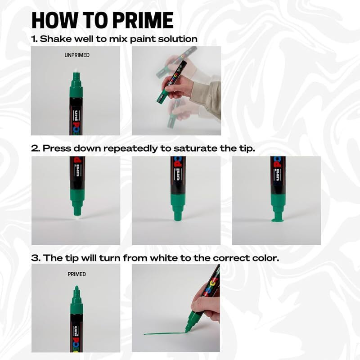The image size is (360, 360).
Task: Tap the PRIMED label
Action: (x=76, y=274)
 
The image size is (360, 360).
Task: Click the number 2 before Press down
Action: (x=34, y=148)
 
